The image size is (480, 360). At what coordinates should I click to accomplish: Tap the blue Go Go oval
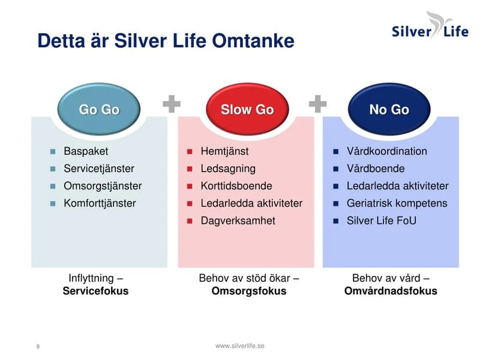(99, 109)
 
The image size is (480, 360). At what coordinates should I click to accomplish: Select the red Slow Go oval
(247, 109)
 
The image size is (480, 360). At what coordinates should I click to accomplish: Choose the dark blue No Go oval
(389, 109)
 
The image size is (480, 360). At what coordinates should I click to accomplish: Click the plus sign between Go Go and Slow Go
(172, 104)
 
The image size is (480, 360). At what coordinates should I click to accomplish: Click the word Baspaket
(86, 151)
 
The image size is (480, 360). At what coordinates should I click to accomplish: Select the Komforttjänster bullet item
(100, 203)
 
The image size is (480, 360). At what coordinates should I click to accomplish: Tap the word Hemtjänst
(224, 151)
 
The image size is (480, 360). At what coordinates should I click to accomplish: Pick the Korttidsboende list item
(236, 186)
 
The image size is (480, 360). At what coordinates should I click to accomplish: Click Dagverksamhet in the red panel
(238, 221)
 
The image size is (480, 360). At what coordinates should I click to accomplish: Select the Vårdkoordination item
(386, 151)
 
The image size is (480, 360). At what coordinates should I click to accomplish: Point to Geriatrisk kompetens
(397, 203)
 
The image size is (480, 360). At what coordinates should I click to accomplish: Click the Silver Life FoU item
(381, 221)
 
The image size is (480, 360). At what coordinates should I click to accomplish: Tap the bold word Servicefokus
(95, 292)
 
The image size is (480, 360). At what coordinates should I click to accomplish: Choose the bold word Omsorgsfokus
(249, 292)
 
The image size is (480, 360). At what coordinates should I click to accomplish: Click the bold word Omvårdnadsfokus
(391, 292)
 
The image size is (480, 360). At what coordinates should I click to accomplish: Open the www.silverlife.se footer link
(240, 346)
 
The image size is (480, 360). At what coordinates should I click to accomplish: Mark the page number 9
(38, 347)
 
